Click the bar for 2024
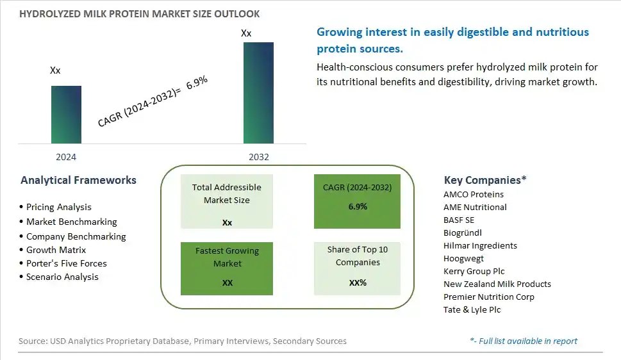66,115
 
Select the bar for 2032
258,93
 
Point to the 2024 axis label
66,157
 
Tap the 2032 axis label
259,157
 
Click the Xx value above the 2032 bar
246,33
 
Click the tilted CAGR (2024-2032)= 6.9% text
153,101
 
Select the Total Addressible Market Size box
226,201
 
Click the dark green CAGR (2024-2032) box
357,201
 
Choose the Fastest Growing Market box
226,268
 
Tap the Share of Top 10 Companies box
357,268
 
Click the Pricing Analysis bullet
56,207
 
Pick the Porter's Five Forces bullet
63,263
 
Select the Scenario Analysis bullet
59,277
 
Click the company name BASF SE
459,220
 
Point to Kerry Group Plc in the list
474,272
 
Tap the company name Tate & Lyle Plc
472,309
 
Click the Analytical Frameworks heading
78,180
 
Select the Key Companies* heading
485,180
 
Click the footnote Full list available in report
524,341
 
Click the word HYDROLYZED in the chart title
50,14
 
